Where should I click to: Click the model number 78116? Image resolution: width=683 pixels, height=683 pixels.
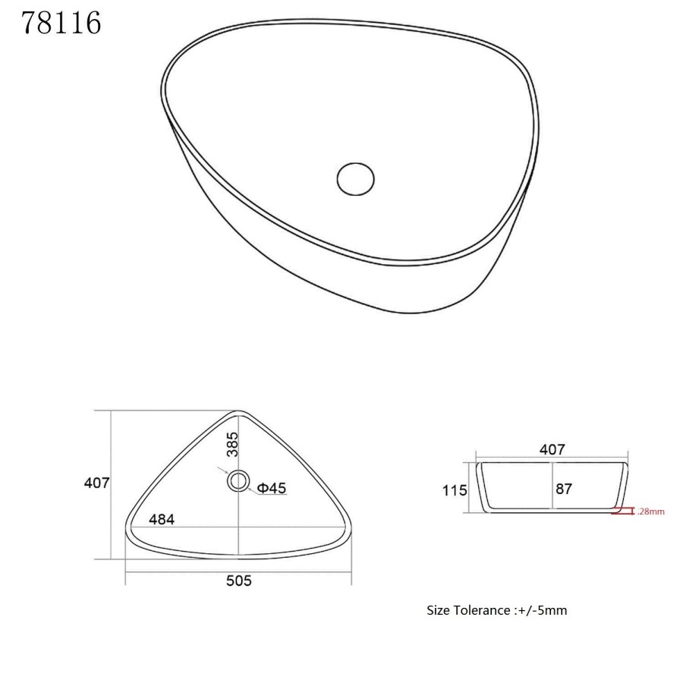[x=61, y=24]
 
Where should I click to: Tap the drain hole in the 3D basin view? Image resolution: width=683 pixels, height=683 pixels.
[x=355, y=178]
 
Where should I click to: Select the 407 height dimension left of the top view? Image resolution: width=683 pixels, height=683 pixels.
[x=97, y=483]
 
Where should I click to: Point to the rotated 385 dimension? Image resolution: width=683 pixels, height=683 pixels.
[x=232, y=444]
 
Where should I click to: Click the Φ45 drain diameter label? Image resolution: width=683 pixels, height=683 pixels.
[x=271, y=489]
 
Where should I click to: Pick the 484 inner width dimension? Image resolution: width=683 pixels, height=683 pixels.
[x=162, y=520]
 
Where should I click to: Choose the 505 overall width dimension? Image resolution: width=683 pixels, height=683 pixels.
[x=238, y=581]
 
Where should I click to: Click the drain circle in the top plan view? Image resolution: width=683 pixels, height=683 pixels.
[x=238, y=480]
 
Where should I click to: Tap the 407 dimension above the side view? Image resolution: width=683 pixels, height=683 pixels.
[x=552, y=449]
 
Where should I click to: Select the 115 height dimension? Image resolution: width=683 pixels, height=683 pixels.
[x=455, y=490]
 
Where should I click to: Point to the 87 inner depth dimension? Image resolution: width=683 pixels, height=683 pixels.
[x=564, y=489]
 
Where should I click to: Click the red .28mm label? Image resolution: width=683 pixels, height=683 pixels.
[x=651, y=511]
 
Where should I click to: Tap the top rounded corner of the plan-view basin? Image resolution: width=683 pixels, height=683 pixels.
[x=238, y=414]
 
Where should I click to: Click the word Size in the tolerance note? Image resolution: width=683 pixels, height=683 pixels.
[x=439, y=610]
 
